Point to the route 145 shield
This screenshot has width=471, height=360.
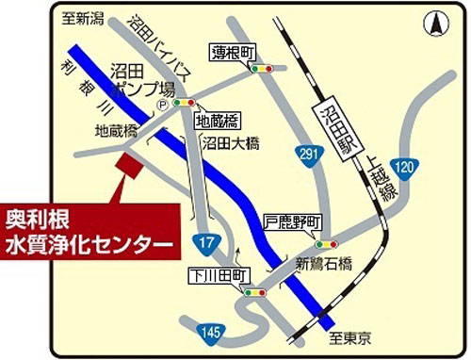tap(210, 331)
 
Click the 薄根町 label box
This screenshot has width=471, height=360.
tap(233, 52)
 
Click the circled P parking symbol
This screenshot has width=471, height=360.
tap(161, 106)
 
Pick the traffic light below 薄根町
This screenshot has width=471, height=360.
tap(263, 69)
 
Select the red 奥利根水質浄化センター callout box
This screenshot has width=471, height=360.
tap(89, 229)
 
